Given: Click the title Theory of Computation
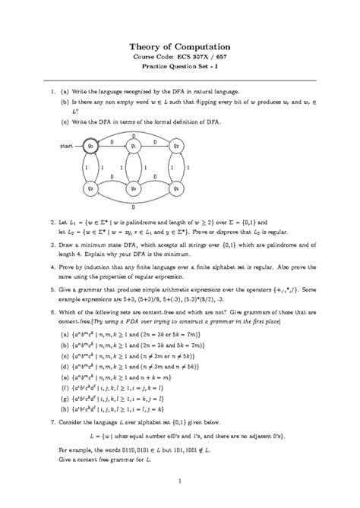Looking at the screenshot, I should click(179, 46).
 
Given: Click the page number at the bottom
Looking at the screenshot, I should click(179, 480).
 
